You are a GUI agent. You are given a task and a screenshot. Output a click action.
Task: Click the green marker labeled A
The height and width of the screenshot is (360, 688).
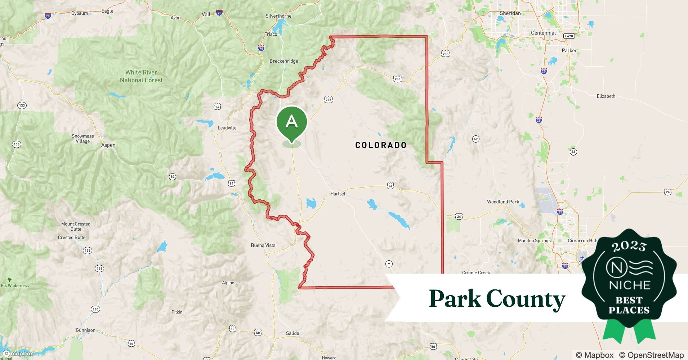291,122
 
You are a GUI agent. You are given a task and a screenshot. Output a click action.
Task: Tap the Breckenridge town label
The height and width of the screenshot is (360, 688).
284,61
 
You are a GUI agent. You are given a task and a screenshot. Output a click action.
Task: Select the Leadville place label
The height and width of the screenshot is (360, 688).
227,128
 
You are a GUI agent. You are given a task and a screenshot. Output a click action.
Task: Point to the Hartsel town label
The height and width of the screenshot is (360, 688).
338,194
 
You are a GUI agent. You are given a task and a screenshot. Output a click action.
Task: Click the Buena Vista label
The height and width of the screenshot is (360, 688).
263,246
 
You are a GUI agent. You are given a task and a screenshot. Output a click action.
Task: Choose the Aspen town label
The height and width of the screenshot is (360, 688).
108,145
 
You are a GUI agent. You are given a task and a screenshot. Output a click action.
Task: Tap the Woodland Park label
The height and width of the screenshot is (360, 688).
503,202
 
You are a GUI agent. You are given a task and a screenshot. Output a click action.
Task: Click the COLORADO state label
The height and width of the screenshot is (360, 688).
381,145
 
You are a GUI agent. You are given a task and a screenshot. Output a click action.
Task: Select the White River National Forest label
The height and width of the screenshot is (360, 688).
141,76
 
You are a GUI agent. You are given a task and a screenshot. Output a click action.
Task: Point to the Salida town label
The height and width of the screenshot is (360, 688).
292,333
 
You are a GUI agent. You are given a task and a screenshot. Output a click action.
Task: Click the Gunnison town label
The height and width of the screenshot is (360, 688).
85,330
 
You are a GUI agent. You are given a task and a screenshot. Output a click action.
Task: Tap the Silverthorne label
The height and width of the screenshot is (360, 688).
278,16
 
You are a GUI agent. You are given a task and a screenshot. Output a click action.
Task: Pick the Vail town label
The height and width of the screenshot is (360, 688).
206,14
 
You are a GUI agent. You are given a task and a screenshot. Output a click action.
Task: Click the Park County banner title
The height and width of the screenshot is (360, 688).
497,299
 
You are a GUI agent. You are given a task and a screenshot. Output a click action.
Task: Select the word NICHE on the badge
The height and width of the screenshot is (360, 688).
629,285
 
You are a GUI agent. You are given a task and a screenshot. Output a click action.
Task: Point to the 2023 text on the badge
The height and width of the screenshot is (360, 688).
629,246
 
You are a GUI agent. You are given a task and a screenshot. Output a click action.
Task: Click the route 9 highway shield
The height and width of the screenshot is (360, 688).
389,264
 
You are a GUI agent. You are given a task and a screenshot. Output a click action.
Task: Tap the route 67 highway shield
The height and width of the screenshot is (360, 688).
476,139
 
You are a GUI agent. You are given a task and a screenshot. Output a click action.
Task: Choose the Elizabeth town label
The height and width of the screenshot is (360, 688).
606,96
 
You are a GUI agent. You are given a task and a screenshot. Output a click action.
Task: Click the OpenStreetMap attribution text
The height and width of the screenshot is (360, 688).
651,355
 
